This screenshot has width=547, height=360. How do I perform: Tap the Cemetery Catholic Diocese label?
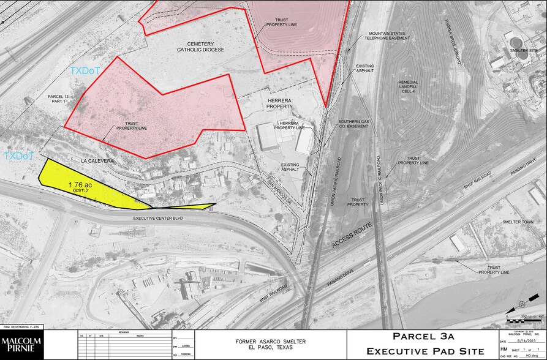click(201, 46)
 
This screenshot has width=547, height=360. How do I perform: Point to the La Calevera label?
click(97, 161)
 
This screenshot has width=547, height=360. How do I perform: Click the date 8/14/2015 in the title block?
click(517, 342)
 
